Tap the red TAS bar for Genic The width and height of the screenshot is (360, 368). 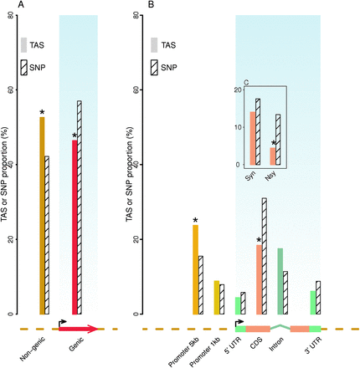pos(74,227)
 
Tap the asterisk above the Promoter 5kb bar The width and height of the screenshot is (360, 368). pos(196,222)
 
